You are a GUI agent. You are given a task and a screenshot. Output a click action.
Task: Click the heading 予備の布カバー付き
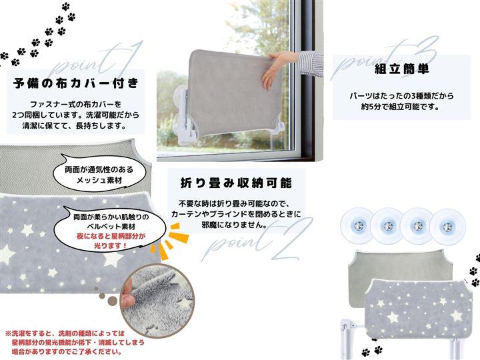pos(76,83)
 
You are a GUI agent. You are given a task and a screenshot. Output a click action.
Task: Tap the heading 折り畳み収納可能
pos(236,183)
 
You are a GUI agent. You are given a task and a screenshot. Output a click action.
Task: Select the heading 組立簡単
pos(401,69)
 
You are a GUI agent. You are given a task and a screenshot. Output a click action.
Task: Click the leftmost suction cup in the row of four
pos(357,226)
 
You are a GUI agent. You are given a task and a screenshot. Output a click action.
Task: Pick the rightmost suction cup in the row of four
pos(447,227)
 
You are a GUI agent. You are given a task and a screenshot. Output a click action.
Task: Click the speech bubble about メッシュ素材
pos(100,173)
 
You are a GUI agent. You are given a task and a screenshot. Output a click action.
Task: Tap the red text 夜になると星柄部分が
pos(111,236)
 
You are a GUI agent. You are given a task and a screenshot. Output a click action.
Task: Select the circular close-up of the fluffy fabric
pos(157,301)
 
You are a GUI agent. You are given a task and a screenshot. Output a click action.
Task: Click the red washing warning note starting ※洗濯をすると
pos(74,342)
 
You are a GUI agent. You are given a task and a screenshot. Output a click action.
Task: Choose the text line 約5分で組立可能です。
pos(401,107)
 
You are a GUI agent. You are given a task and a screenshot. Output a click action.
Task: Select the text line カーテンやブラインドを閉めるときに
pos(236,214)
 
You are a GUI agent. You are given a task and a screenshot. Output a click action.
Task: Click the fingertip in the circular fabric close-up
pos(128,295)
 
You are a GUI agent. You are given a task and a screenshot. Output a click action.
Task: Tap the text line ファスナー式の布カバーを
pos(75,105)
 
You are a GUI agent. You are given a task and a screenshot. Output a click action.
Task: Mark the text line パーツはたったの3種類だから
pos(401,96)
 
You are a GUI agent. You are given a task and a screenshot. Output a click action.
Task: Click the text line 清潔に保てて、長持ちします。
pos(75,126)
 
